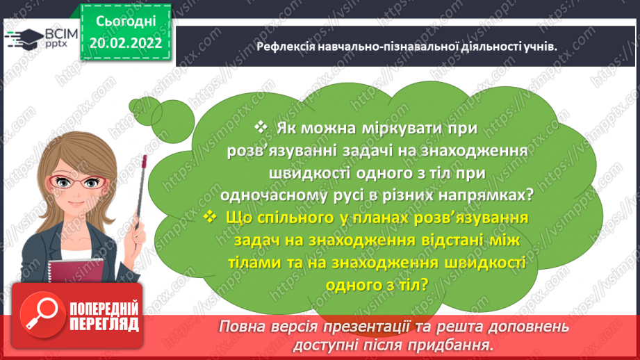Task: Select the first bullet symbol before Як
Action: point(261,128)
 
